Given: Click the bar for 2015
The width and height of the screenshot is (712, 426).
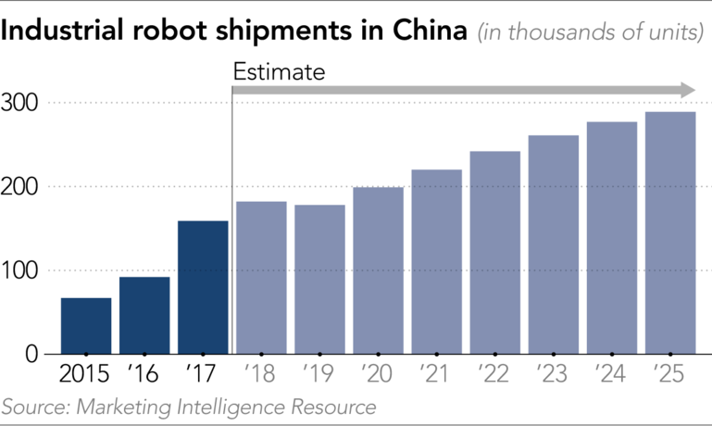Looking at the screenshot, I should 86,326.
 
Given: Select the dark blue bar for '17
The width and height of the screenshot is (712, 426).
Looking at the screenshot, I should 203,287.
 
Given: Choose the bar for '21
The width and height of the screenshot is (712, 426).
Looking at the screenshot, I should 436,262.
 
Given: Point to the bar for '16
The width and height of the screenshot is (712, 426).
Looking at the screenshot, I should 144,315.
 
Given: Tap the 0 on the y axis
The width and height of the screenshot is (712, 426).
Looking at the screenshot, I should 31,354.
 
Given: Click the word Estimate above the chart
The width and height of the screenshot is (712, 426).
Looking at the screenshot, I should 279,70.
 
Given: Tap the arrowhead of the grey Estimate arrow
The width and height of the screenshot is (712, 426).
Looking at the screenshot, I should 687,90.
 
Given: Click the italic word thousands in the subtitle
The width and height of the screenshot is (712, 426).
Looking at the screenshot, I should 545,35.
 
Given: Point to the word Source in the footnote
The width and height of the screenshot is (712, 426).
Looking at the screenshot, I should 31,407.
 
